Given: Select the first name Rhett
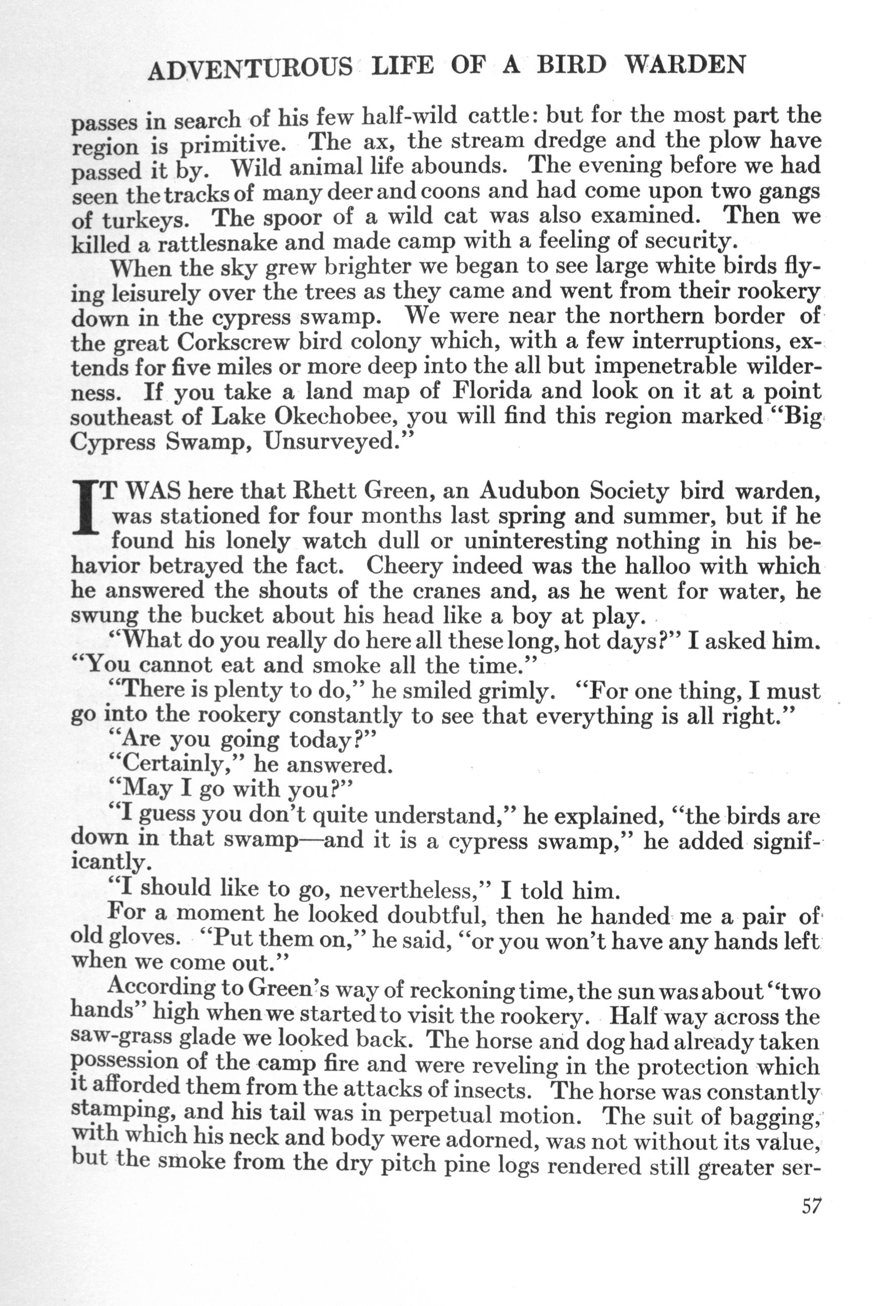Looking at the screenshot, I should coord(325,491).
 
